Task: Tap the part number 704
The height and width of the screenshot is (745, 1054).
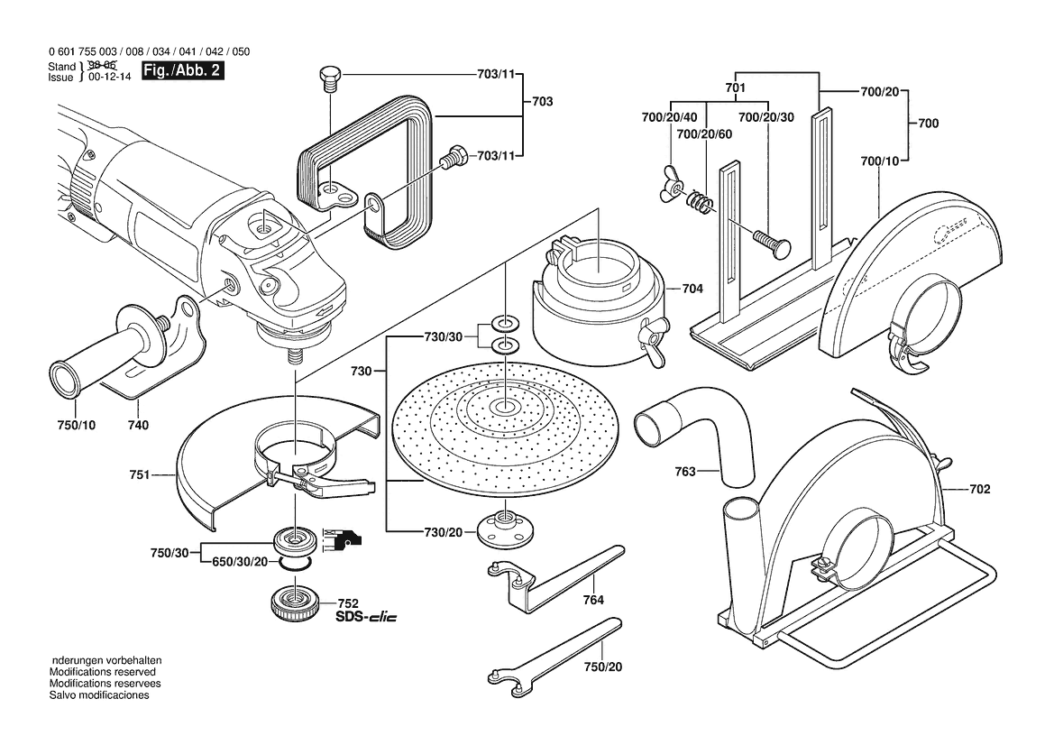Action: (x=692, y=290)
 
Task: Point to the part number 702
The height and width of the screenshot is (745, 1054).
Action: (x=980, y=490)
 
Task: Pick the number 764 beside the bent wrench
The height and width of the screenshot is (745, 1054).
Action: (x=592, y=600)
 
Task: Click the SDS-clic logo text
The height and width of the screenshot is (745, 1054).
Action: (x=365, y=618)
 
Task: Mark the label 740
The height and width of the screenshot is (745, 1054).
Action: (x=138, y=425)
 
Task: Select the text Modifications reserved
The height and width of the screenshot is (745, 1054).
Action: (x=102, y=672)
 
